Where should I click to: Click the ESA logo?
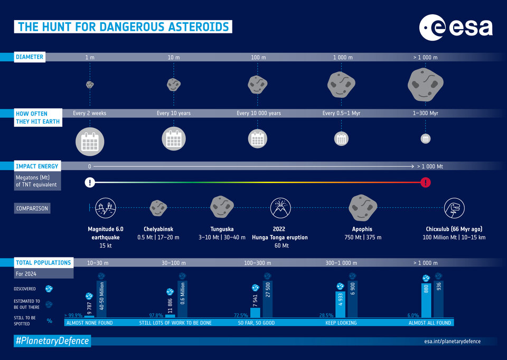[x=456, y=27]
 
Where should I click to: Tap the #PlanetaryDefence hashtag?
[x=52, y=341]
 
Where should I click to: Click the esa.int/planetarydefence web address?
[x=452, y=341]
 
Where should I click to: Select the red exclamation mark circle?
[x=426, y=182]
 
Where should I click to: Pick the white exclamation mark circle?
[x=90, y=182]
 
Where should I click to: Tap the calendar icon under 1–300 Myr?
[x=426, y=139]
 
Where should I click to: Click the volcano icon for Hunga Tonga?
[x=279, y=208]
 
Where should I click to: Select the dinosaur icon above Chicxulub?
[x=454, y=208]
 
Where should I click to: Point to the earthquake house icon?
[x=104, y=208]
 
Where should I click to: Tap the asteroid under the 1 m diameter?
[x=90, y=84]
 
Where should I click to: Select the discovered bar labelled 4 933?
[x=341, y=304]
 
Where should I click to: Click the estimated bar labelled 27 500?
[x=267, y=299]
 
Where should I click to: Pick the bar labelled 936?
[x=438, y=299]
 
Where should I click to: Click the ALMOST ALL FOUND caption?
[x=430, y=322]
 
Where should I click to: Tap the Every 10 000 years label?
[x=259, y=113]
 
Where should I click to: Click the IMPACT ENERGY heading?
[x=37, y=166]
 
